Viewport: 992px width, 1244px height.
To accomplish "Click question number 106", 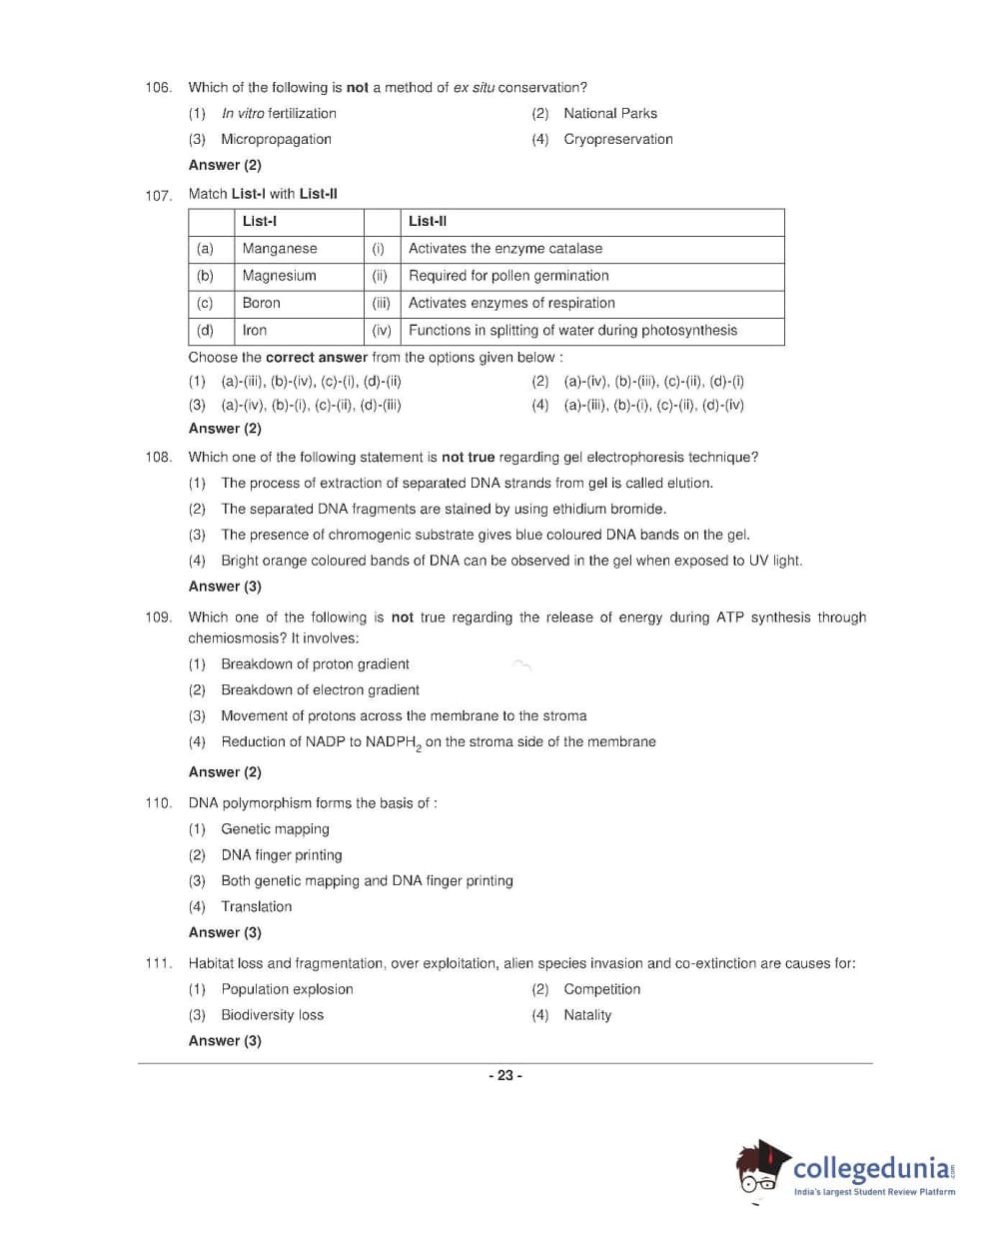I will point(158,88).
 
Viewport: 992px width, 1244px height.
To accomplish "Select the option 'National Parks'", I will point(609,114).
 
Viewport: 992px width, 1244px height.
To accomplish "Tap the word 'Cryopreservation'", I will point(617,140).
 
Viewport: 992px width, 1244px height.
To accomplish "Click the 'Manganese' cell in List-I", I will point(280,249).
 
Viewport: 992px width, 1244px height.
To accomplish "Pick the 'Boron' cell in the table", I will point(262,303).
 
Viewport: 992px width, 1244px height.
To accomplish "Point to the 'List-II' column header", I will point(428,222).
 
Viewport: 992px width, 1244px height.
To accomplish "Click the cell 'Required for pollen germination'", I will point(508,276).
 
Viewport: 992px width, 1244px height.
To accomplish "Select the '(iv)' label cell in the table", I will point(382,331).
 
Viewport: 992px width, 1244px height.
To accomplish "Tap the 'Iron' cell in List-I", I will point(255,331).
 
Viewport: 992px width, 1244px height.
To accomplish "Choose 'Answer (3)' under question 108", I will point(225,587).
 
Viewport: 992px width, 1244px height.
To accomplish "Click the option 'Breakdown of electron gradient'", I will point(320,690).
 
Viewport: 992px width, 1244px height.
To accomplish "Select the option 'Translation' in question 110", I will point(257,907).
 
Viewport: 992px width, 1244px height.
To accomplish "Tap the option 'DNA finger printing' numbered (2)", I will point(282,855).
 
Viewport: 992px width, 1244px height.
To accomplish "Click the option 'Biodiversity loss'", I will point(272,1015).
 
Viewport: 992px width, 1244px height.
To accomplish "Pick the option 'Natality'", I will point(587,1015).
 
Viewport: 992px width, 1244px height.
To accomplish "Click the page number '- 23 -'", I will point(505,1076).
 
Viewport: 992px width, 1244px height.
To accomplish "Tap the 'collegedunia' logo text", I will point(871,1168).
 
